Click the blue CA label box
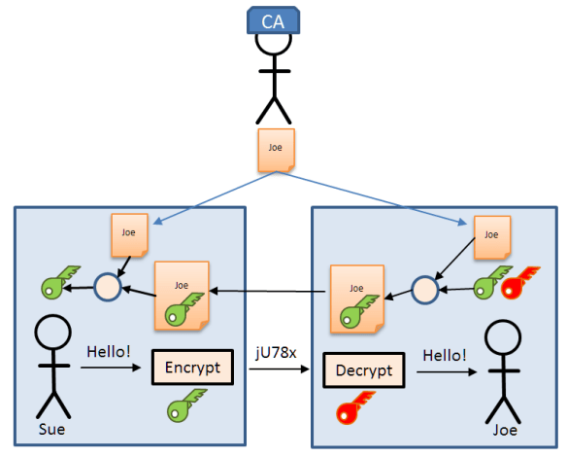[275, 20]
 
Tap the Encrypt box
[194, 369]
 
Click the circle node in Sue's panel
[107, 286]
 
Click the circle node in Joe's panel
[423, 288]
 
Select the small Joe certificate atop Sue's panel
[129, 234]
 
